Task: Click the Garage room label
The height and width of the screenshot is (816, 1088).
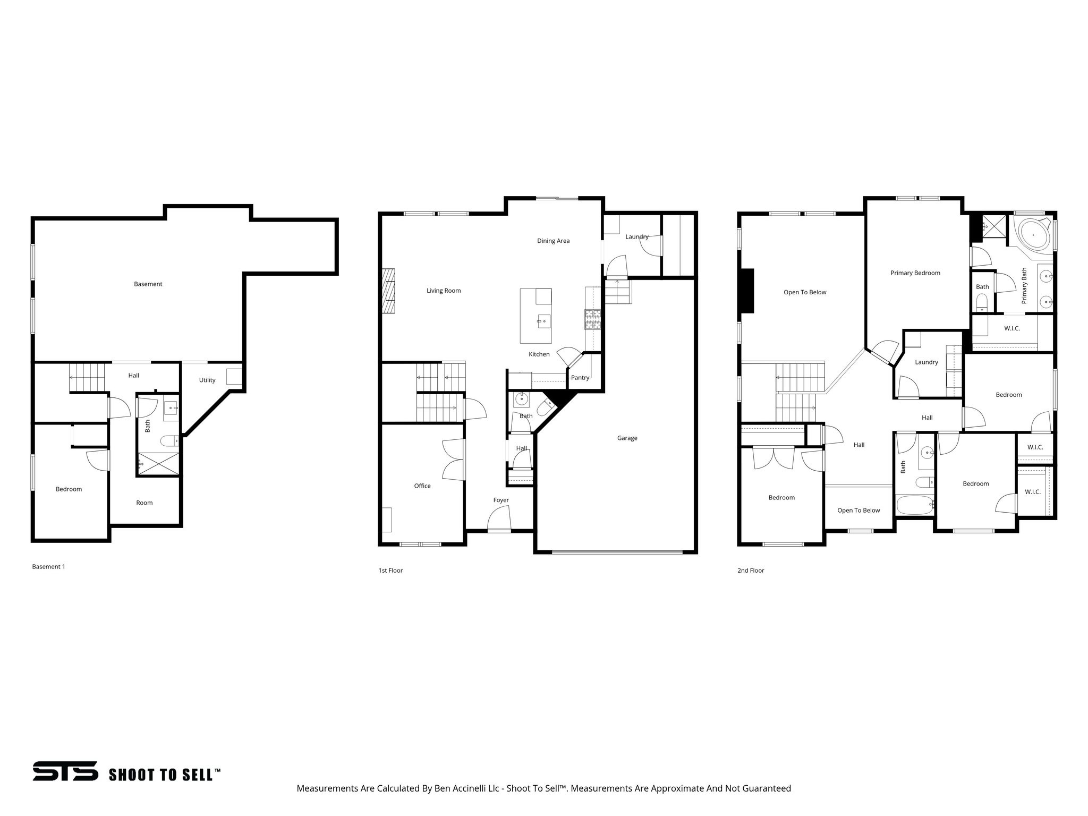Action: click(627, 438)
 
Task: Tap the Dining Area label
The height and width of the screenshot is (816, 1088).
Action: click(553, 241)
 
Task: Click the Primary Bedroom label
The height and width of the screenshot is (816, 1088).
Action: click(915, 273)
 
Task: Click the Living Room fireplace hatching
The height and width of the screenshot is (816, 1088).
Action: click(389, 291)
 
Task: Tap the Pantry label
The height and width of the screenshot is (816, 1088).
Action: click(580, 378)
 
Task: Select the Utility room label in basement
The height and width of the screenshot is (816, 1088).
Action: click(207, 380)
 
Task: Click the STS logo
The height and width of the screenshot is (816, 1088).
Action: click(65, 771)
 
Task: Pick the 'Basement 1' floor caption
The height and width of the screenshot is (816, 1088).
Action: click(48, 567)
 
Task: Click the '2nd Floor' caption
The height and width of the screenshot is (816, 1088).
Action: click(751, 571)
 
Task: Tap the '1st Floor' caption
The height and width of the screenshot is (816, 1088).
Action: click(390, 571)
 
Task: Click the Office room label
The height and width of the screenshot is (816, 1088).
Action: click(422, 486)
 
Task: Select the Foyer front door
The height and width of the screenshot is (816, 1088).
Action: click(499, 518)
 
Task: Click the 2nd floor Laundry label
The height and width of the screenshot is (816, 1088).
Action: click(926, 362)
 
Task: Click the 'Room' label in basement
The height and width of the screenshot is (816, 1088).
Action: click(144, 503)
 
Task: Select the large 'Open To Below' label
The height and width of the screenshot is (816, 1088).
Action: click(805, 293)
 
